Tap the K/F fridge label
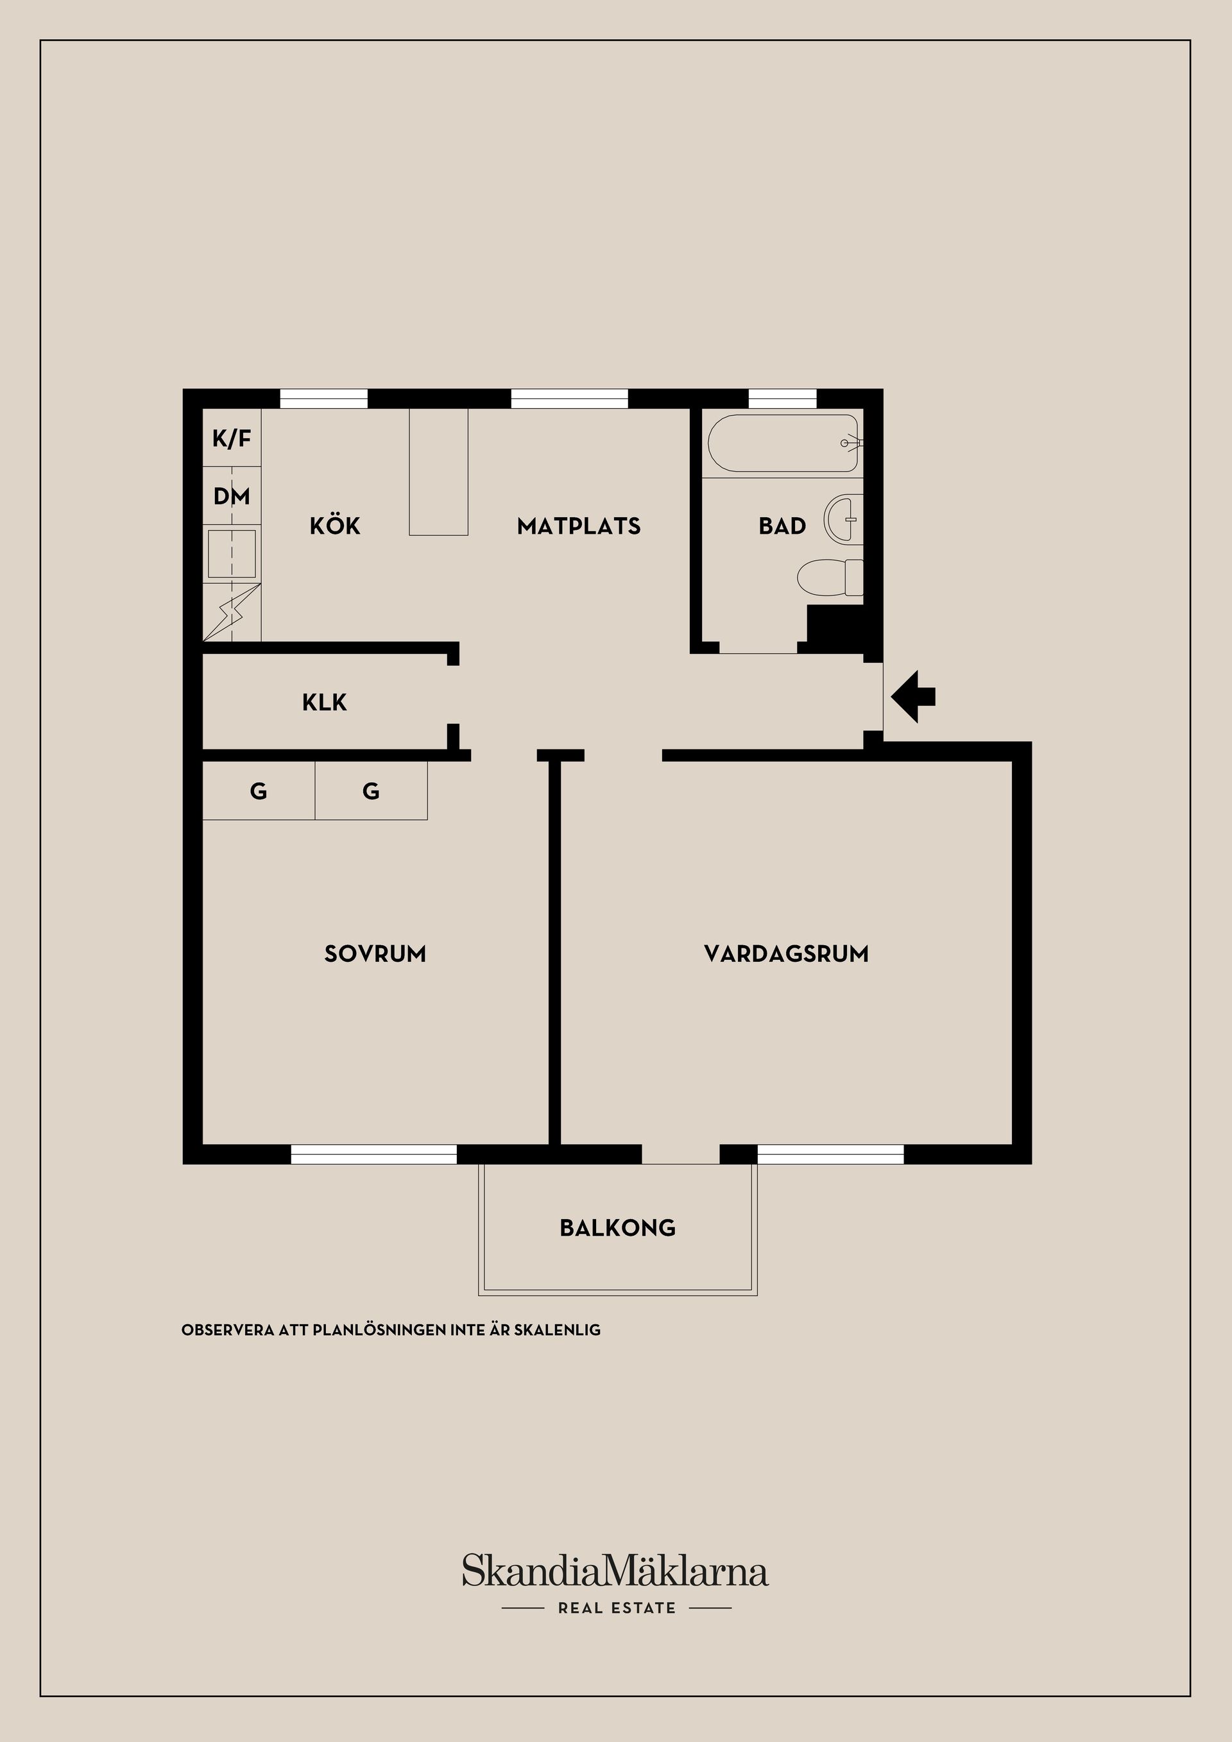(232, 438)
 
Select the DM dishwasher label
(232, 496)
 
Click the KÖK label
(334, 525)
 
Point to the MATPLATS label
(579, 525)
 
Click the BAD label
(782, 525)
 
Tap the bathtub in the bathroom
(782, 443)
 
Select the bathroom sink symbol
(844, 520)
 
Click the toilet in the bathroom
(830, 577)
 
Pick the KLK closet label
(325, 703)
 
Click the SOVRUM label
(375, 953)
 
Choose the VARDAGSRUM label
(786, 953)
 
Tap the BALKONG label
(617, 1228)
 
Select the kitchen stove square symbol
(232, 553)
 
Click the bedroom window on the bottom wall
(374, 1154)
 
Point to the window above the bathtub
(782, 399)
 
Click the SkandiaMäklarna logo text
(615, 1571)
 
